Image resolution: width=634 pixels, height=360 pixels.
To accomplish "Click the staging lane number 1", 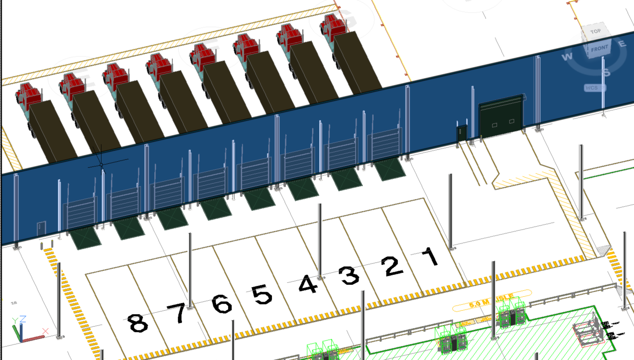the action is tap(429, 256).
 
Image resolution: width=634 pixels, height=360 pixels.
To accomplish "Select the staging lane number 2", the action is tap(392, 266).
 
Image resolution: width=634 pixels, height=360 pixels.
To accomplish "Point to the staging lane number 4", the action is tap(308, 285).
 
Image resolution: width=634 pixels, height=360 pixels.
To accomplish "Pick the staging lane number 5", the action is tap(262, 294).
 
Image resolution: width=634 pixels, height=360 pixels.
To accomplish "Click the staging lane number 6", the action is tap(222, 304).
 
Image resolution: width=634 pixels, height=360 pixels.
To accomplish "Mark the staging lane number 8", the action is tap(137, 323).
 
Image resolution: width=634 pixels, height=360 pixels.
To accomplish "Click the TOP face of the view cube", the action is tap(596, 31).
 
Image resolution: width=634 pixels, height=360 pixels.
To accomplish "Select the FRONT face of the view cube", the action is tap(599, 49).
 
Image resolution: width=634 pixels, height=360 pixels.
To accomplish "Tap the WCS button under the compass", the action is tap(592, 88).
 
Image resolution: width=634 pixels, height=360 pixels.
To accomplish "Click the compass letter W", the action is tap(567, 57).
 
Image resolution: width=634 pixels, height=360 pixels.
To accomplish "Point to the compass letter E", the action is tap(622, 44).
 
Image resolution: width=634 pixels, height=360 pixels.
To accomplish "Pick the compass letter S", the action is tap(606, 73).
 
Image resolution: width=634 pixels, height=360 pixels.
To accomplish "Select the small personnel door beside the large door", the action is tap(462, 133).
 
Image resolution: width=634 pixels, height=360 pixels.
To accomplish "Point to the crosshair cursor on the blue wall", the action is tap(101, 164).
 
